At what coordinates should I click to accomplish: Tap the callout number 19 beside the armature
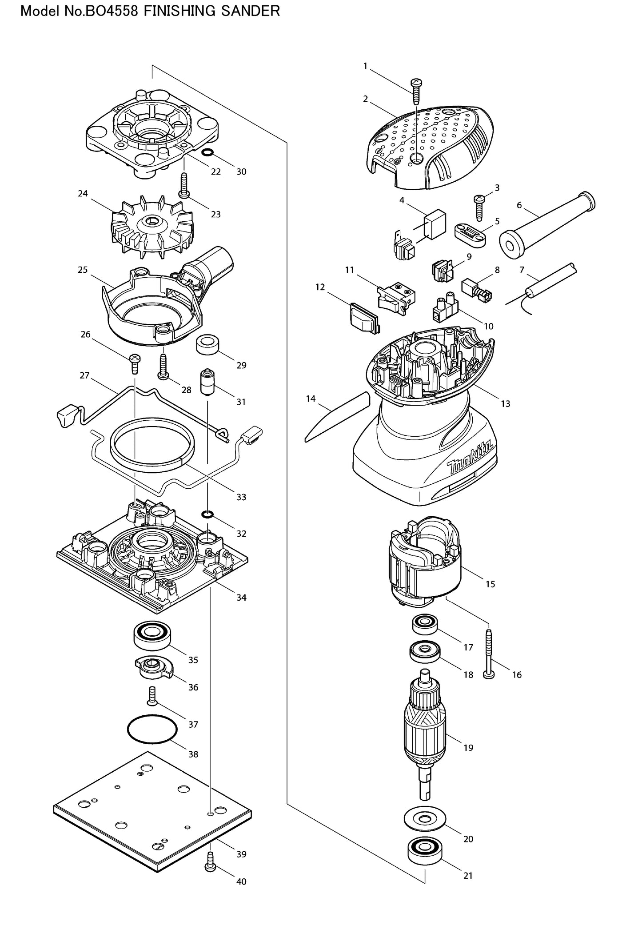pyautogui.click(x=468, y=747)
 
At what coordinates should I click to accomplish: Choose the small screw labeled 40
pyautogui.click(x=209, y=862)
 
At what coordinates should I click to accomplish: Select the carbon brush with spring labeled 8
pyautogui.click(x=477, y=291)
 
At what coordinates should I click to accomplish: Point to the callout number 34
pyautogui.click(x=241, y=598)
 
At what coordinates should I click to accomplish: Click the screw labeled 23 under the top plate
pyautogui.click(x=183, y=186)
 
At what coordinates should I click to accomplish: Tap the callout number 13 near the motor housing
pyautogui.click(x=505, y=404)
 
